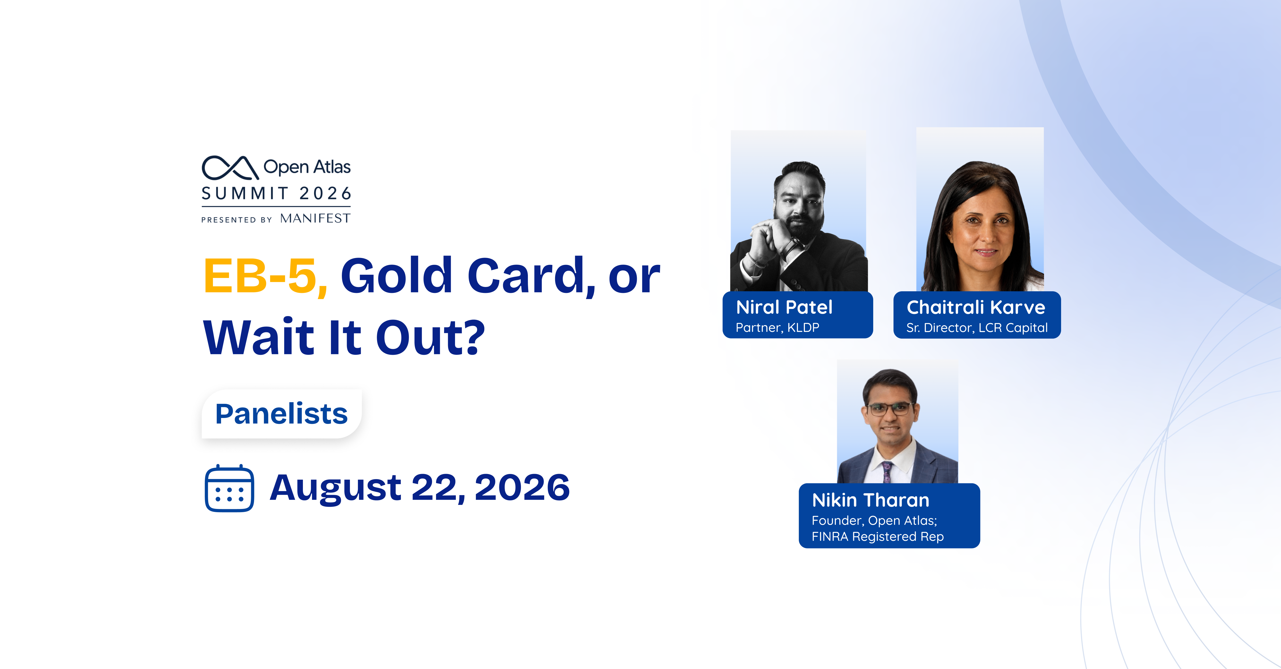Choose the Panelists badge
click(282, 413)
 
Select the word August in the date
click(335, 489)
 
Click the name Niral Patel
click(784, 307)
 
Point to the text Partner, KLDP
click(777, 328)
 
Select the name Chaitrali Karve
click(976, 307)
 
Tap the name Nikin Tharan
click(871, 500)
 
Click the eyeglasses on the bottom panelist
click(890, 409)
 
